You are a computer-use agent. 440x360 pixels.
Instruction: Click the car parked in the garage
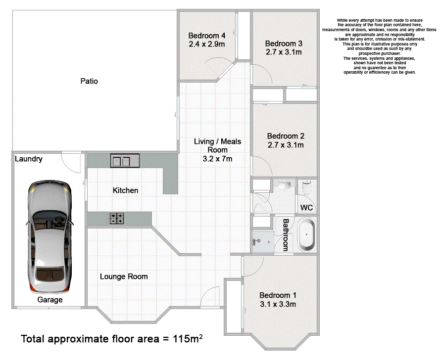coord(49,237)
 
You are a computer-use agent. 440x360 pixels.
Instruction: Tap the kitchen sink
coord(125,161)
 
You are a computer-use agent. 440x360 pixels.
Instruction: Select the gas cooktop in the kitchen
coord(117,219)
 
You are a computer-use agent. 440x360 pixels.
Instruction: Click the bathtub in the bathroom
coord(306,234)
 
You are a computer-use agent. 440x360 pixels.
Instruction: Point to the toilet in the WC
coord(307,187)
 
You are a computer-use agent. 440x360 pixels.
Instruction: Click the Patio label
coord(89,81)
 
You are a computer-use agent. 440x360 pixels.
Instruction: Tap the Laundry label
coord(29,159)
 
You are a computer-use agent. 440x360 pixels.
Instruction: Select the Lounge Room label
coord(124,276)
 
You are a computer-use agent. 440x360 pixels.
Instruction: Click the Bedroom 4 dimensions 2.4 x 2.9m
coord(207,44)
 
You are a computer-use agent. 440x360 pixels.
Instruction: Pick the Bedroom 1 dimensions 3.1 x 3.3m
coord(278,304)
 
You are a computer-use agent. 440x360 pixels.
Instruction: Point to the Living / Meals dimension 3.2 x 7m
coord(217,159)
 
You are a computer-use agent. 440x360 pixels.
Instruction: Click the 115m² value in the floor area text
coord(188,338)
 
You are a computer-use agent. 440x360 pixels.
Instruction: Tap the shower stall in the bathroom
coord(263,242)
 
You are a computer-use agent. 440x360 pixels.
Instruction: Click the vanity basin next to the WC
coord(284,185)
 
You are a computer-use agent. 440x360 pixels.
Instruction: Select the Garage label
coord(50,300)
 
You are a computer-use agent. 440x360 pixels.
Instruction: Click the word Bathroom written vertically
coord(286,235)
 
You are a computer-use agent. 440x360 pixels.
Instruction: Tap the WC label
coord(306,208)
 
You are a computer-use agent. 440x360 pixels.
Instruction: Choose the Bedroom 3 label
coord(284,44)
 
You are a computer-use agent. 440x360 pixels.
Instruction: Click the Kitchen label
coord(125,190)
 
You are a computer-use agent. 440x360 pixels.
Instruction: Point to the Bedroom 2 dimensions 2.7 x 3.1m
coord(286,145)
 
